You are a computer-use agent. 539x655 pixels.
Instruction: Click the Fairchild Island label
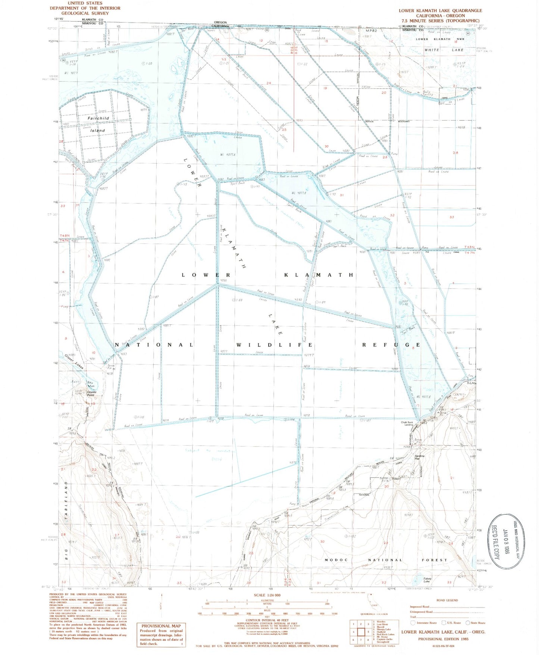(98, 124)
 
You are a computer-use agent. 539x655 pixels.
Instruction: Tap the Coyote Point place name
(91, 393)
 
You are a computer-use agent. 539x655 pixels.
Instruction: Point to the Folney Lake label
(427, 580)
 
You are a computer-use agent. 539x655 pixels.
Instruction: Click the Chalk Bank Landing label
(407, 423)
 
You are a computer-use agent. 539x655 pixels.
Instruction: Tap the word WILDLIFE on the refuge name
(274, 345)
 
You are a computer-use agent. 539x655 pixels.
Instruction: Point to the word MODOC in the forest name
(336, 560)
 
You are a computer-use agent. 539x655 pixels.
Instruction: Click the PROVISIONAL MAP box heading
(161, 626)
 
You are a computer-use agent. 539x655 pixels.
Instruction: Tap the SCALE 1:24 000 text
(267, 595)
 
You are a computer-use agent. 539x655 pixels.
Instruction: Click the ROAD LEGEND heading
(446, 600)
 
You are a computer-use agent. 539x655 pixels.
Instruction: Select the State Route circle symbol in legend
(468, 623)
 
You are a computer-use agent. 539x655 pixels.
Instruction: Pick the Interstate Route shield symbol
(413, 623)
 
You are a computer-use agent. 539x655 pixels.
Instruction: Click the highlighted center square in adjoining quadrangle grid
(361, 632)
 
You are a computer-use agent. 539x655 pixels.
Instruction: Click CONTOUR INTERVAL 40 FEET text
(267, 620)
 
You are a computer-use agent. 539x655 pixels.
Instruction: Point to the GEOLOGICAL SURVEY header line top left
(85, 13)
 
